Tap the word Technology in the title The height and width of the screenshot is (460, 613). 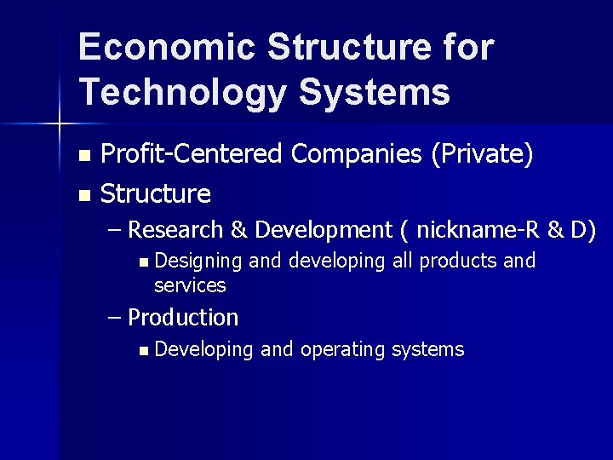pyautogui.click(x=180, y=92)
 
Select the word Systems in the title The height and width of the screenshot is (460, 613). pyautogui.click(x=374, y=92)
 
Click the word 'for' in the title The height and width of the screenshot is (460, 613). pyautogui.click(x=466, y=49)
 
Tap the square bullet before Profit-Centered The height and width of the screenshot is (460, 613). pyautogui.click(x=83, y=156)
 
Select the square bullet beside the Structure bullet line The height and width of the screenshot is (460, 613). pyautogui.click(x=83, y=196)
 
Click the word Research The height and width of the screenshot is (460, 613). pyautogui.click(x=175, y=230)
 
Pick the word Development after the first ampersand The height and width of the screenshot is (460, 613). pyautogui.click(x=322, y=231)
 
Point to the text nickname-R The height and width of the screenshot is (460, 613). pyautogui.click(x=468, y=230)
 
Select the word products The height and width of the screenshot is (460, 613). pyautogui.click(x=459, y=262)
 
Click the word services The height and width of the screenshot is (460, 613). pyautogui.click(x=190, y=285)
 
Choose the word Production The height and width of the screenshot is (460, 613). pyautogui.click(x=183, y=318)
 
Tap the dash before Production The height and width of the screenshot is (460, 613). pyautogui.click(x=117, y=318)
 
